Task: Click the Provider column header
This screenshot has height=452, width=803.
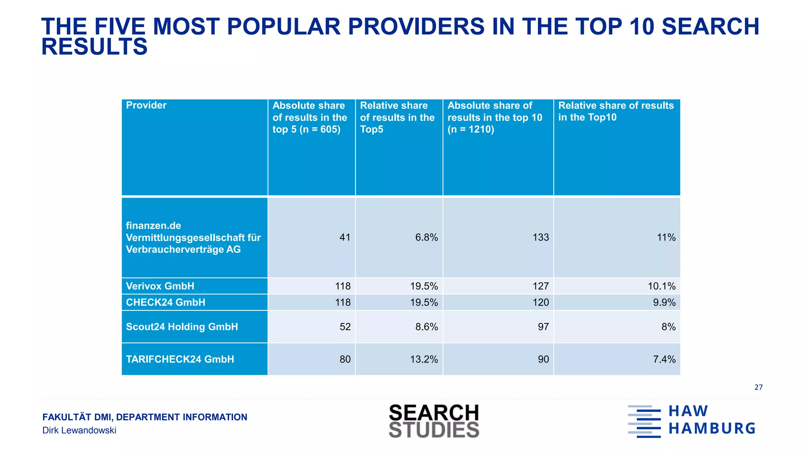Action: (146, 105)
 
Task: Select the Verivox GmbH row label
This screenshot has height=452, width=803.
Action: (160, 286)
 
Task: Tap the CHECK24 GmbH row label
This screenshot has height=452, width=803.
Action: (165, 303)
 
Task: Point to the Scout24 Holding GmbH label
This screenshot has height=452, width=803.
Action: (182, 327)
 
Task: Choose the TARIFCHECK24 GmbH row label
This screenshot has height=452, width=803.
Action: (180, 359)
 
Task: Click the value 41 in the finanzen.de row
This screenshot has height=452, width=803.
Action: (345, 237)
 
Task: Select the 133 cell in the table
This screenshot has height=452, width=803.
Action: (540, 237)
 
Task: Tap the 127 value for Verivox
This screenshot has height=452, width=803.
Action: (540, 286)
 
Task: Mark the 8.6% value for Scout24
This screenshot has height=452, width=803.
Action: (426, 327)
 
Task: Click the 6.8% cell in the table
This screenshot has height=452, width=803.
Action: (426, 237)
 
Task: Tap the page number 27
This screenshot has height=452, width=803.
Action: (758, 387)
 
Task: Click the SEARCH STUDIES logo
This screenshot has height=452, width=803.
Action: (434, 421)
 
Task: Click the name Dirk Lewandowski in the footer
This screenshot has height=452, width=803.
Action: (79, 430)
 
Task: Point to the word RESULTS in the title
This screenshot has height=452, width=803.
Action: (94, 47)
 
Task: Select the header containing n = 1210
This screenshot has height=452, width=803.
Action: (495, 117)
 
